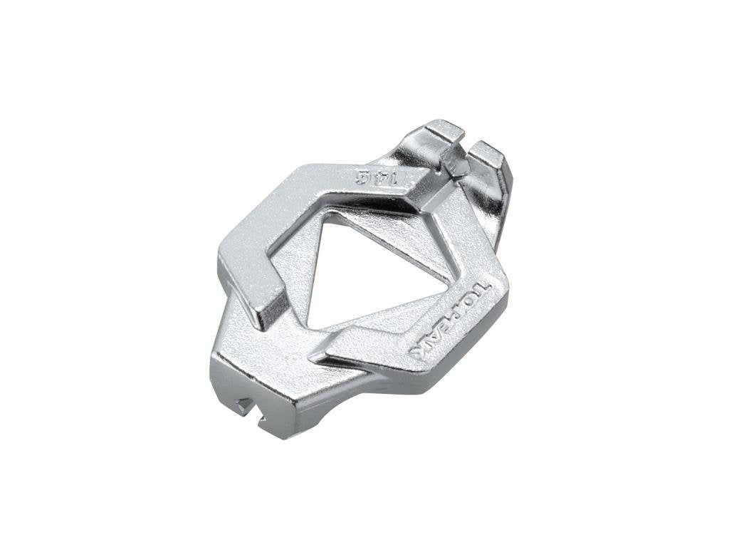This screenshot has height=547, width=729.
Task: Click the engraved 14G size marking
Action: point(377,177)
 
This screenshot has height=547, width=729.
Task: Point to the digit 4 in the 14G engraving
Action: point(377,177)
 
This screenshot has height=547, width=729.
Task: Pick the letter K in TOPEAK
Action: point(420,350)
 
